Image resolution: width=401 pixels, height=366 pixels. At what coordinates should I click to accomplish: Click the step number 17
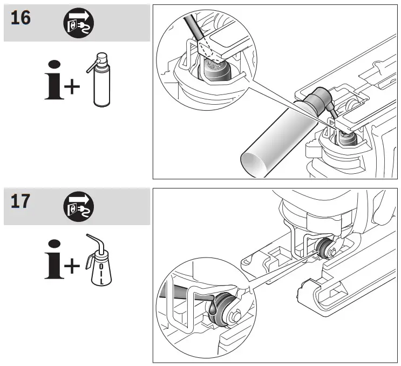(20, 204)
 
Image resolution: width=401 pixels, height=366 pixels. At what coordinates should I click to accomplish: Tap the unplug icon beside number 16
(78, 22)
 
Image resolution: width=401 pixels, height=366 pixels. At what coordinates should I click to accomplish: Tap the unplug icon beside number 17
(78, 207)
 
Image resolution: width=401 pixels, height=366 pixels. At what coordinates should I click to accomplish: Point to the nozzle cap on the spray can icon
(100, 59)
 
